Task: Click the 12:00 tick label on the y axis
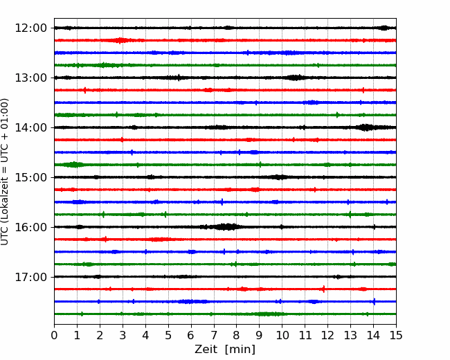(x=30, y=28)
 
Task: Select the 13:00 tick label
(x=30, y=78)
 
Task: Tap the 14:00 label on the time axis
(x=30, y=127)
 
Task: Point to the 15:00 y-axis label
(x=30, y=177)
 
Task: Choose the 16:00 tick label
(x=30, y=227)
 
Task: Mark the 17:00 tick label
(x=30, y=277)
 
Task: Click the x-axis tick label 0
(x=54, y=335)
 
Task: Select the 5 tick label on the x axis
(x=168, y=335)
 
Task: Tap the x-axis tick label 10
(x=282, y=335)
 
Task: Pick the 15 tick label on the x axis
(x=396, y=335)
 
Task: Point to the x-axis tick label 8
(x=237, y=335)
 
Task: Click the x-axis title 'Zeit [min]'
(x=225, y=350)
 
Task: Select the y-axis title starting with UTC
(x=5, y=172)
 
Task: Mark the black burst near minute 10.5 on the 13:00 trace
(x=294, y=78)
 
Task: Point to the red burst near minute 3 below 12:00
(x=120, y=40)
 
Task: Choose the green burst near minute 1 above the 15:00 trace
(x=74, y=165)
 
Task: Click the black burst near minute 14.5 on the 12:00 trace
(x=384, y=28)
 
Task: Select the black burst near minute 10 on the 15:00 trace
(x=279, y=177)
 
